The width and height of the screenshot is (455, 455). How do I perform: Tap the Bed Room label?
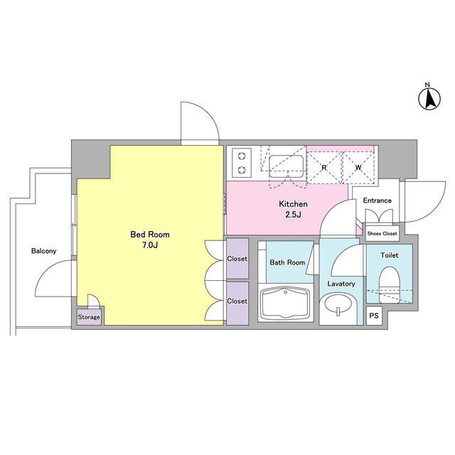click(150, 235)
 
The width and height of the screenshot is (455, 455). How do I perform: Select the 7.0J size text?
click(150, 245)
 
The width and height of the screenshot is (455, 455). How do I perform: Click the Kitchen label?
click(293, 204)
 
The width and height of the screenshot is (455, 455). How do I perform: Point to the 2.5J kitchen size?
click(294, 215)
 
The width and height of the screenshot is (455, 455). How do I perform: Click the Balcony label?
click(44, 251)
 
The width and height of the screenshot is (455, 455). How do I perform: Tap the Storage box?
click(89, 317)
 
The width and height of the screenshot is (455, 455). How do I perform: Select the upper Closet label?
click(237, 259)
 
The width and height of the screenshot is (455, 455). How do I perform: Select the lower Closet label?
click(237, 301)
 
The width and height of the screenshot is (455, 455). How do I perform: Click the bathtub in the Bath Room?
click(286, 303)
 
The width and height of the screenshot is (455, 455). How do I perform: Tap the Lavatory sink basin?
click(338, 305)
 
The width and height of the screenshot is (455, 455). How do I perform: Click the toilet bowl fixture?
click(390, 285)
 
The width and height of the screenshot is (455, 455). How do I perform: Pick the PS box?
click(374, 316)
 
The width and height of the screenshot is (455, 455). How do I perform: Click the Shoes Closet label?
click(382, 233)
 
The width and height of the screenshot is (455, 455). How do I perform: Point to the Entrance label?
click(378, 200)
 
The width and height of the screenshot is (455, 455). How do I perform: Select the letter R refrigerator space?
click(324, 168)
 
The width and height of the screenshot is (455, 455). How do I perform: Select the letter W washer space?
click(358, 168)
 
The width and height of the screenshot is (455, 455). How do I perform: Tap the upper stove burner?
click(242, 156)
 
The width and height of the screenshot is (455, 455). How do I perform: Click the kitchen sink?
click(286, 166)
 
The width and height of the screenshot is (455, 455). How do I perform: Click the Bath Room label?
click(287, 262)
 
